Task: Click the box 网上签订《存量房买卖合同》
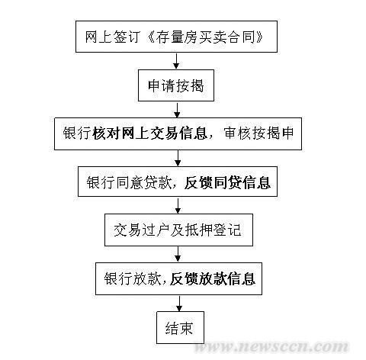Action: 176,37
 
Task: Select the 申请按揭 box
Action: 176,85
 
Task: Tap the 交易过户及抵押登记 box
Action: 178,230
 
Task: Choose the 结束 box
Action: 180,328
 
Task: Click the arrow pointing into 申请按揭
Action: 176,61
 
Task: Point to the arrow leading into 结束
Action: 180,304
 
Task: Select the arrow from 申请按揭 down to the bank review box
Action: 177,110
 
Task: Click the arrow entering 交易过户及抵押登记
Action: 178,205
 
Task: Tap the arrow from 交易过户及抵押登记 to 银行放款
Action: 178,254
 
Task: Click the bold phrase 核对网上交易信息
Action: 150,133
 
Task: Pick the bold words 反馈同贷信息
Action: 227,182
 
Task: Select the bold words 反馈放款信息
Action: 213,278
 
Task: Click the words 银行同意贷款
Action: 129,182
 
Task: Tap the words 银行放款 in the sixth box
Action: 133,278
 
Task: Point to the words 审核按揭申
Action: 258,133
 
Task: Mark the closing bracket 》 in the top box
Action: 260,37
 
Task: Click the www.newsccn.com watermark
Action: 271,347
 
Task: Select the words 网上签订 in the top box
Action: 112,37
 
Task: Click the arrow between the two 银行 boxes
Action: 178,158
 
